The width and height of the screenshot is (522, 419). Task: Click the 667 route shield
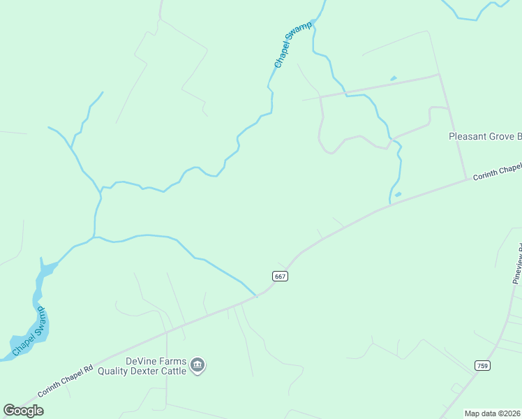[280, 277]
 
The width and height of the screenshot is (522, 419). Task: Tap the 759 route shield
[482, 365]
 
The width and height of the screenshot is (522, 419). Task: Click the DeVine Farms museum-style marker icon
[197, 365]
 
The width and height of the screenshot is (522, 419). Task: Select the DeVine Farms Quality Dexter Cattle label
[156, 366]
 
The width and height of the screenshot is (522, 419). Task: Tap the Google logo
[24, 410]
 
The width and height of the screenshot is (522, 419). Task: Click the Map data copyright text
[493, 413]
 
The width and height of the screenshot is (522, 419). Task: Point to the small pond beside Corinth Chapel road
[398, 194]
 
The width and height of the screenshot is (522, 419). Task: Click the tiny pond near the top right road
[394, 78]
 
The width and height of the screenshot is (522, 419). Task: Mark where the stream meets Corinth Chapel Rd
[256, 295]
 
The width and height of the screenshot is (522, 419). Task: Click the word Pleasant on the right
[468, 137]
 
